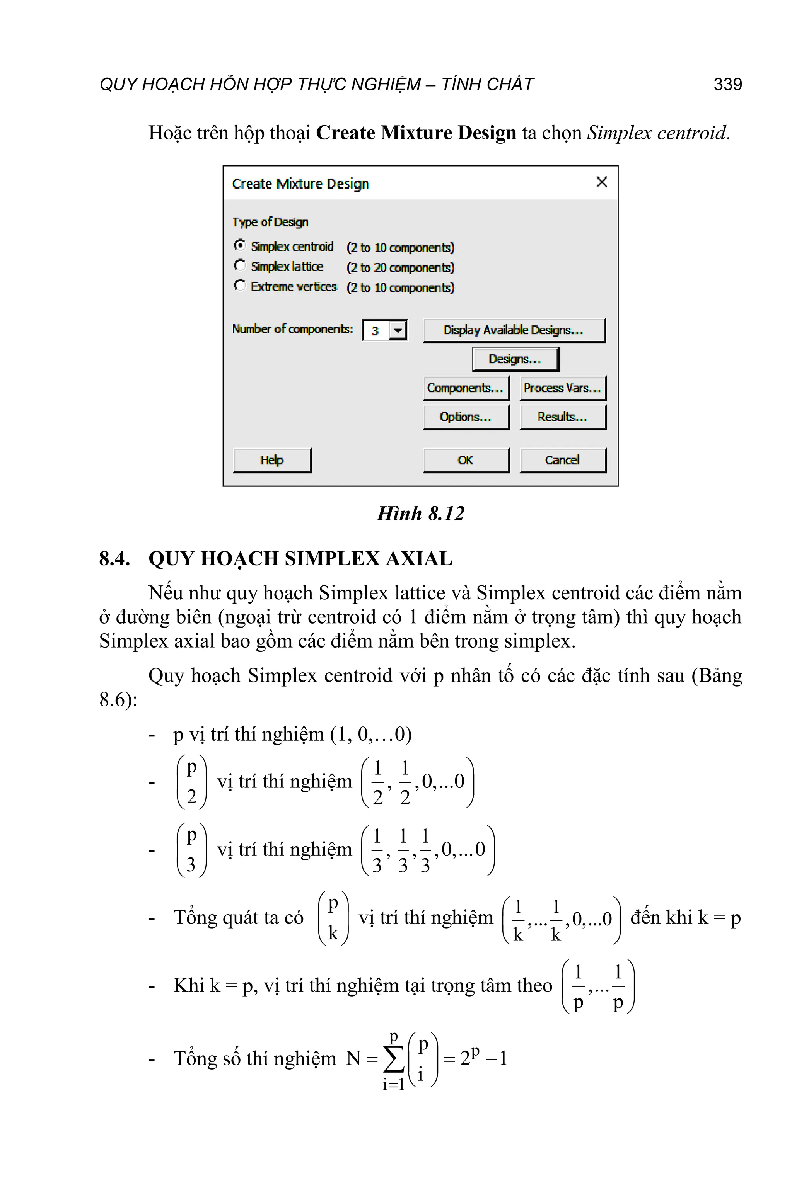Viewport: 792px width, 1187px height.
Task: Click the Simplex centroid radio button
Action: pyautogui.click(x=240, y=245)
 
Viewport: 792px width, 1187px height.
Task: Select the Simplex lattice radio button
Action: pyautogui.click(x=240, y=265)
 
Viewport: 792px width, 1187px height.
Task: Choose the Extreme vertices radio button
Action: pyautogui.click(x=240, y=286)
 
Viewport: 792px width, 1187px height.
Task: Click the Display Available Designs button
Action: pyautogui.click(x=513, y=330)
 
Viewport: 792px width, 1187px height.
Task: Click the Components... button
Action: pyautogui.click(x=465, y=388)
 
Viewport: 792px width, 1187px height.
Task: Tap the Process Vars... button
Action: pyautogui.click(x=562, y=388)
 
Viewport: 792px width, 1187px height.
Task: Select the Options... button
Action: pyautogui.click(x=465, y=417)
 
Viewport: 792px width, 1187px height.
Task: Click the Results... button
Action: pyautogui.click(x=562, y=417)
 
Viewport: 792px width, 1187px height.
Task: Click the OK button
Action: pyautogui.click(x=465, y=460)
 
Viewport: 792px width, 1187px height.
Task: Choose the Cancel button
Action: pyautogui.click(x=562, y=460)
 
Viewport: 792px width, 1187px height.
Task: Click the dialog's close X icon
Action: pyautogui.click(x=601, y=182)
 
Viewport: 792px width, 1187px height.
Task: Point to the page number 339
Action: pyautogui.click(x=727, y=84)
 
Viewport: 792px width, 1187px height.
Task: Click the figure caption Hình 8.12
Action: pyautogui.click(x=421, y=513)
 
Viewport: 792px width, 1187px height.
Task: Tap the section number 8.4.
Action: pyautogui.click(x=114, y=559)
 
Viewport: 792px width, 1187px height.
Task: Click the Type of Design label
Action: pyautogui.click(x=270, y=222)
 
